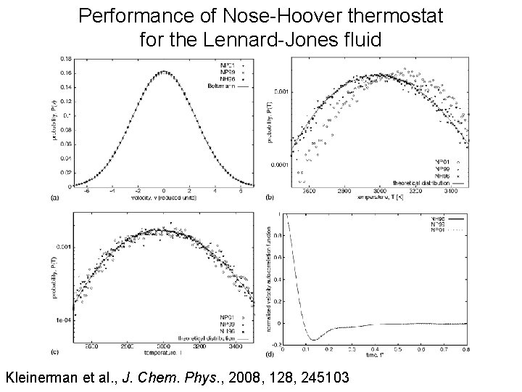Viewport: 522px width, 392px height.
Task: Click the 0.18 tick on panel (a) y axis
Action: click(x=65, y=57)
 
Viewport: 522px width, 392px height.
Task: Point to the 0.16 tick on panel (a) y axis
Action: click(x=65, y=73)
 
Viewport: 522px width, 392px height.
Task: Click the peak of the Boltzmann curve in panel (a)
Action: click(x=164, y=72)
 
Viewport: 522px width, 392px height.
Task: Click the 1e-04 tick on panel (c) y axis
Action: click(x=65, y=318)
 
